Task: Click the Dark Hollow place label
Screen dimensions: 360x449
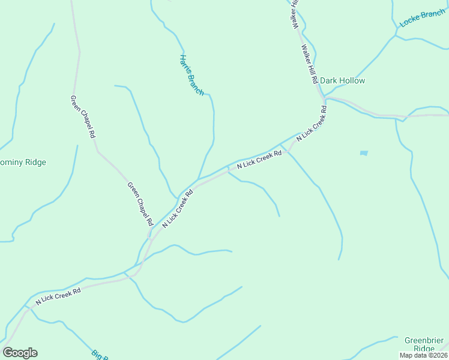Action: coord(342,80)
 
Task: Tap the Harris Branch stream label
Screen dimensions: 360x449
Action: coord(191,75)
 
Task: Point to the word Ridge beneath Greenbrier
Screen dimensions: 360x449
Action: coord(424,349)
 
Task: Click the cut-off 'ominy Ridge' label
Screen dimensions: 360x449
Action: coord(23,162)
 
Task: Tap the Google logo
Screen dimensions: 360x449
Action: coord(20,353)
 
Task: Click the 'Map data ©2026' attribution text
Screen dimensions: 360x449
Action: coord(424,355)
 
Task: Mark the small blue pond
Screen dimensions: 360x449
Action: coord(364,153)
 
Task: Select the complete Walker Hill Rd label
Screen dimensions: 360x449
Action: coord(310,64)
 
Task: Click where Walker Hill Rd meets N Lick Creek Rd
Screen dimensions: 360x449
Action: coord(324,97)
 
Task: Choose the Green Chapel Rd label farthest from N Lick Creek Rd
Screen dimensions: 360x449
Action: coord(83,117)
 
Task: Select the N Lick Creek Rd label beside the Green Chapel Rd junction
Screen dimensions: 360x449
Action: coord(178,209)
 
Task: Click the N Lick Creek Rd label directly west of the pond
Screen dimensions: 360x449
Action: coord(259,160)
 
